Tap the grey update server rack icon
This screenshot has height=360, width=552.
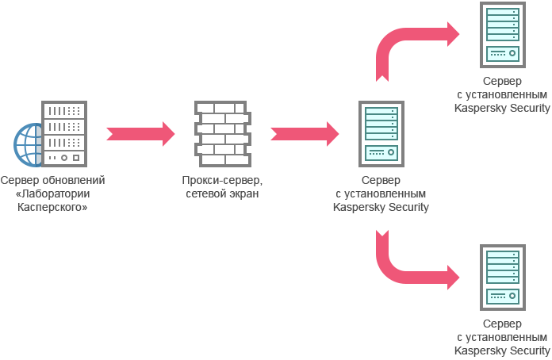[63, 133]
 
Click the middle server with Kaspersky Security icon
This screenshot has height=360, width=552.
[381, 133]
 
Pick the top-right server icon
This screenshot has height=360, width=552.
[502, 35]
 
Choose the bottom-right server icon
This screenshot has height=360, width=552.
[502, 278]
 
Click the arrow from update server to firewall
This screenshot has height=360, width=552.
[140, 132]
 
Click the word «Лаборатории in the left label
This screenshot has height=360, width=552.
[53, 193]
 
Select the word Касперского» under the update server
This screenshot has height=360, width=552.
[53, 207]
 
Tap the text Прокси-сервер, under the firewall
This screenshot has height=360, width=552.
[222, 181]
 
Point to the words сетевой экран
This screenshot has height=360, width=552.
[222, 193]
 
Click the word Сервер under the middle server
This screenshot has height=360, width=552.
[381, 181]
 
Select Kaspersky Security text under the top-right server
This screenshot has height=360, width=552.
[502, 108]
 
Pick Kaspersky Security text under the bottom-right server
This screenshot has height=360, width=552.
[502, 350]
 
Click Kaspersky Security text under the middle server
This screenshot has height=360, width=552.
[381, 207]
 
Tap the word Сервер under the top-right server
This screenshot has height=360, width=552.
[502, 82]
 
